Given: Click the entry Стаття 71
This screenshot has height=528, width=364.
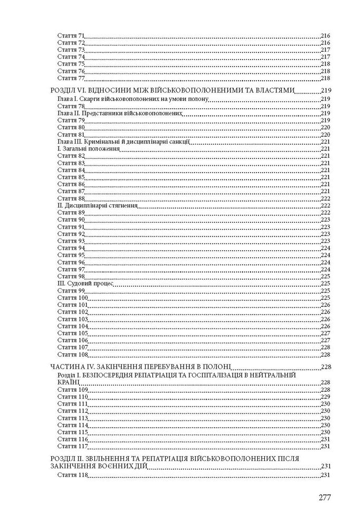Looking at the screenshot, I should [71, 36].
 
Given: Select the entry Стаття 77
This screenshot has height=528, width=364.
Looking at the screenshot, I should [71, 78].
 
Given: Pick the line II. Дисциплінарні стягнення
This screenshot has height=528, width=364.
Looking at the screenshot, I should [97, 205].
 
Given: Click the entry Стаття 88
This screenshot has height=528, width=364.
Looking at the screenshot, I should [71, 198].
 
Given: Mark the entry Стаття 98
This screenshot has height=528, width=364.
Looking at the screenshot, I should [71, 276].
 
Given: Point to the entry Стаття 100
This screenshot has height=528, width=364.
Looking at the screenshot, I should [72, 298].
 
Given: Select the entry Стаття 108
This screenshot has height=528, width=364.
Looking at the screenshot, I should [72, 354].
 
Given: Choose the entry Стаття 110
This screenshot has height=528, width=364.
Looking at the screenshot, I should [72, 397].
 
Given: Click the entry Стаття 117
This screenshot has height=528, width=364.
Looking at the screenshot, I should [72, 446].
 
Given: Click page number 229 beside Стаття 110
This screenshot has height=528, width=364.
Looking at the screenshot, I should [325, 397].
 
